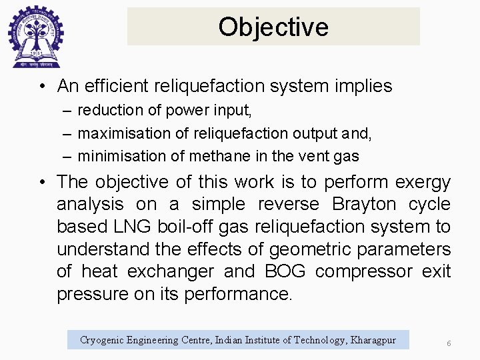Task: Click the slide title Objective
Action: pyautogui.click(x=273, y=27)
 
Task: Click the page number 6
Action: pyautogui.click(x=449, y=343)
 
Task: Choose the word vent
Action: pyautogui.click(x=296, y=157)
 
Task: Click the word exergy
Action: pyautogui.click(x=423, y=182)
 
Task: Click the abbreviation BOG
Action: pyautogui.click(x=285, y=272)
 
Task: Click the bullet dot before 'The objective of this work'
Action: pyautogui.click(x=41, y=182)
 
